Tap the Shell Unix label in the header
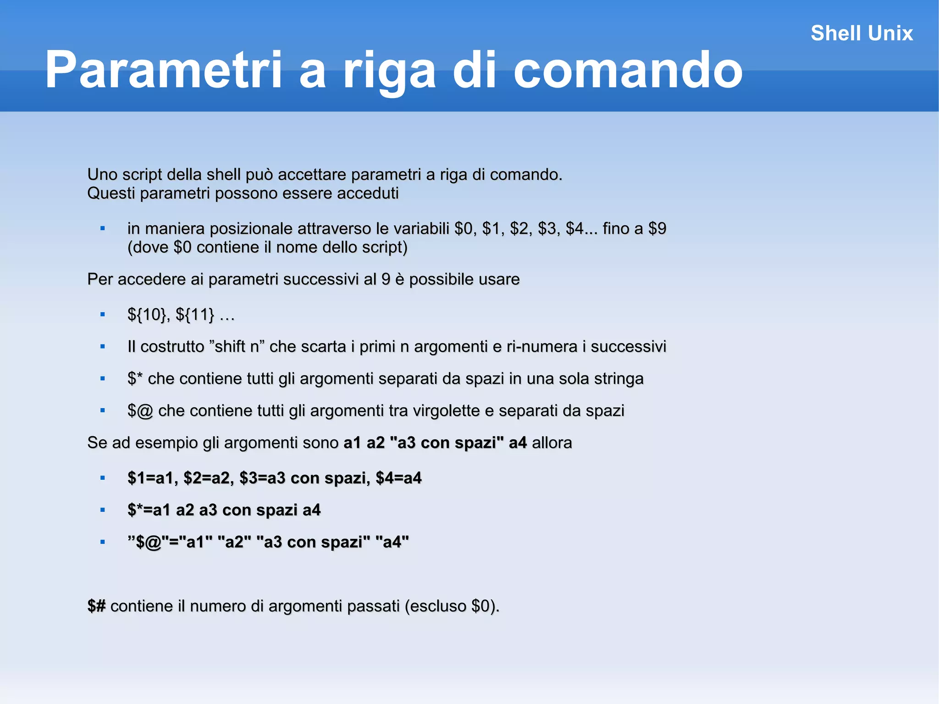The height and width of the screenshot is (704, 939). pyautogui.click(x=862, y=33)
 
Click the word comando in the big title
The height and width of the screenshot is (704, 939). pyautogui.click(x=628, y=70)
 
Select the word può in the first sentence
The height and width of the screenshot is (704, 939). pyautogui.click(x=261, y=175)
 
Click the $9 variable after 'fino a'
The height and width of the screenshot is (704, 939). pyautogui.click(x=657, y=228)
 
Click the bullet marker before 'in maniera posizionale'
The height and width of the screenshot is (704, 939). pyautogui.click(x=103, y=228)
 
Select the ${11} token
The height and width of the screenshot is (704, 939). pyautogui.click(x=195, y=315)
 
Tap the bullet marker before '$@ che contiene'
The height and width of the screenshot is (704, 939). pyautogui.click(x=103, y=410)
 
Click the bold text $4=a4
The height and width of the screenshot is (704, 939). pyautogui.click(x=398, y=478)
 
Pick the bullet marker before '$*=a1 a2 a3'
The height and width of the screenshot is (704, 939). pyautogui.click(x=103, y=510)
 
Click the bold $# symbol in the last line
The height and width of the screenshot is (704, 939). pyautogui.click(x=96, y=606)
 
